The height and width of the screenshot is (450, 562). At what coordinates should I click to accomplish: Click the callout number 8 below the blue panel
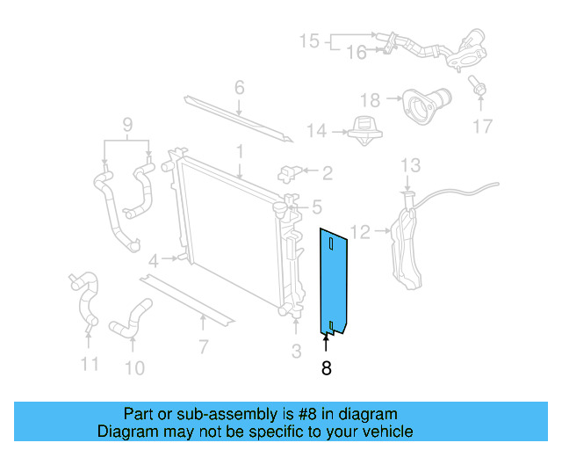(x=327, y=369)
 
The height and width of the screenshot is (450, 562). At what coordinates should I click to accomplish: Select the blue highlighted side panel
(x=332, y=281)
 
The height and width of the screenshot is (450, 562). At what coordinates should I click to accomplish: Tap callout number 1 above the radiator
(x=239, y=153)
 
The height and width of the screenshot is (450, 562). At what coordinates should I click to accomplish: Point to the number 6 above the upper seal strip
(x=239, y=88)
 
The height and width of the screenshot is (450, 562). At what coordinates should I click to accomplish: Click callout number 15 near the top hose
(x=309, y=41)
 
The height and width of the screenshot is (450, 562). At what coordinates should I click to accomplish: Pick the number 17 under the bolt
(x=483, y=127)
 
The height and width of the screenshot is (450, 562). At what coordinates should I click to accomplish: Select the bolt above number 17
(x=478, y=87)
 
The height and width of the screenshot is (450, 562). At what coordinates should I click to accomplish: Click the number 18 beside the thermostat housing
(x=370, y=100)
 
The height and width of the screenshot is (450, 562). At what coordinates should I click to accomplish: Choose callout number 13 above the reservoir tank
(x=411, y=165)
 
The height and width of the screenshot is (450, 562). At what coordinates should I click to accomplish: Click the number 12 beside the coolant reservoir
(x=361, y=232)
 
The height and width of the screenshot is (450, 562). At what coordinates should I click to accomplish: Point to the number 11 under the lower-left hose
(x=89, y=363)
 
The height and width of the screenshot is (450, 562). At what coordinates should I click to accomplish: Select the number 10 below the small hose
(x=133, y=367)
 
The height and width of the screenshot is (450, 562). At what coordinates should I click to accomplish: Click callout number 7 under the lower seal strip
(x=203, y=346)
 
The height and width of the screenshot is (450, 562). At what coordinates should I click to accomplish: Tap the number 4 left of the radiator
(x=154, y=260)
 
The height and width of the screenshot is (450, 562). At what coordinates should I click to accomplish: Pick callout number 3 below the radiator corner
(x=296, y=352)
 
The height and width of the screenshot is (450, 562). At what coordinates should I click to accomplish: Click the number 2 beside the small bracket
(x=327, y=173)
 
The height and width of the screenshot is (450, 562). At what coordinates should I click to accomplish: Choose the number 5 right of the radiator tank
(x=316, y=207)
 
